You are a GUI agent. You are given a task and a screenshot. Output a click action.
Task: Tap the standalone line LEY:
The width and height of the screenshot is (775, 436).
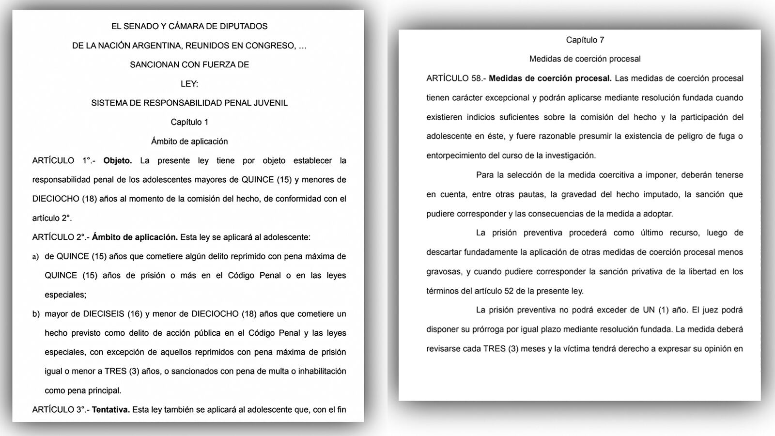pos(189,84)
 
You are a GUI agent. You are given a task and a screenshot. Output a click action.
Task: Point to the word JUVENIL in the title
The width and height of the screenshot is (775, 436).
pos(271,103)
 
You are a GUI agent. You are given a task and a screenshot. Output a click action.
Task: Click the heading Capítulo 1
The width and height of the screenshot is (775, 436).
pos(189,122)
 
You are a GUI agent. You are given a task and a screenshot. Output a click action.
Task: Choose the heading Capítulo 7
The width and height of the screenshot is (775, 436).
pos(585,40)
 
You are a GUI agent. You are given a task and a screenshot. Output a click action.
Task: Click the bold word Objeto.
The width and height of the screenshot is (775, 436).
pos(117,160)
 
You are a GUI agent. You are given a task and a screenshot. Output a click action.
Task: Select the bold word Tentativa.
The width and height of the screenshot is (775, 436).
pos(110,409)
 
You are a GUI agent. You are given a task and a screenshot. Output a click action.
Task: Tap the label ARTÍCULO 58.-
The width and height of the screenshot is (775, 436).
pos(455,78)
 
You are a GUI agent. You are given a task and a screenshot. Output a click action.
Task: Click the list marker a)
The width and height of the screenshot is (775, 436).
pos(35,257)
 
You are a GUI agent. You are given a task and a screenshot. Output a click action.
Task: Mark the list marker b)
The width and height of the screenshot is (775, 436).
pos(36,314)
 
